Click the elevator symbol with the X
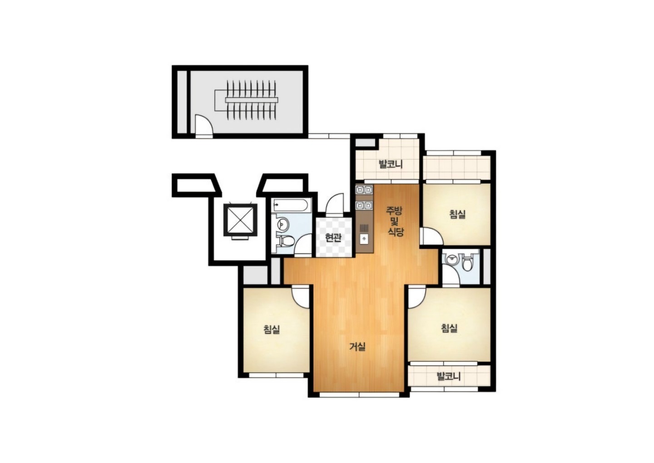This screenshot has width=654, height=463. pos(240,220)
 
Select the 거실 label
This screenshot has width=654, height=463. pos(358,347)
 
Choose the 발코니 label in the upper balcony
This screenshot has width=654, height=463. pos(391,164)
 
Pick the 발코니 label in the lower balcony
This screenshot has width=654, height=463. pos(448,377)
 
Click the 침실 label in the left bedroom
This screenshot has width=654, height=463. pos(272,330)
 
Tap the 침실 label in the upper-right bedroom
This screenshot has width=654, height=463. pos(457,214)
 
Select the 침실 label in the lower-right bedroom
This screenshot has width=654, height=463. pos(449,329)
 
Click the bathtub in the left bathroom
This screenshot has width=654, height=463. pos(290,205)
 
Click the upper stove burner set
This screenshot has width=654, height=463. pos(364,190)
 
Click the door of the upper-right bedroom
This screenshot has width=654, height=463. pos(431,236)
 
